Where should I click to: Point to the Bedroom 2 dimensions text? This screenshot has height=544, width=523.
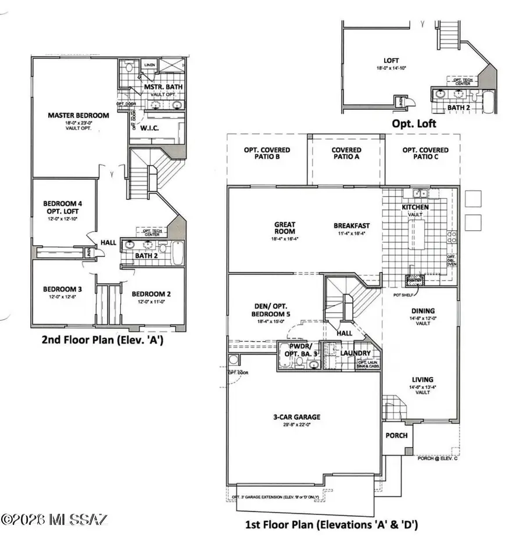[151, 302]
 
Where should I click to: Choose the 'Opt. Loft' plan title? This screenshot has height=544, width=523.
[413, 123]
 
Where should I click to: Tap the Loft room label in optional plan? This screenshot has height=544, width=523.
[391, 60]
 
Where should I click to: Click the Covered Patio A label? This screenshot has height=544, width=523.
[346, 154]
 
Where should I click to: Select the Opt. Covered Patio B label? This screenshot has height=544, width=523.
[267, 154]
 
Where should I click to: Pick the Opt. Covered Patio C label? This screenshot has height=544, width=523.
[425, 154]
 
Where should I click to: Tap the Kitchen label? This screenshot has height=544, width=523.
[415, 207]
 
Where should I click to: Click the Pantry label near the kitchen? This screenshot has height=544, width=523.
[414, 280]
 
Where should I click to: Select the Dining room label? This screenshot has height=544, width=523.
[422, 311]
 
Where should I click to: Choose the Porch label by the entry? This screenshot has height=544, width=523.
[396, 435]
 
